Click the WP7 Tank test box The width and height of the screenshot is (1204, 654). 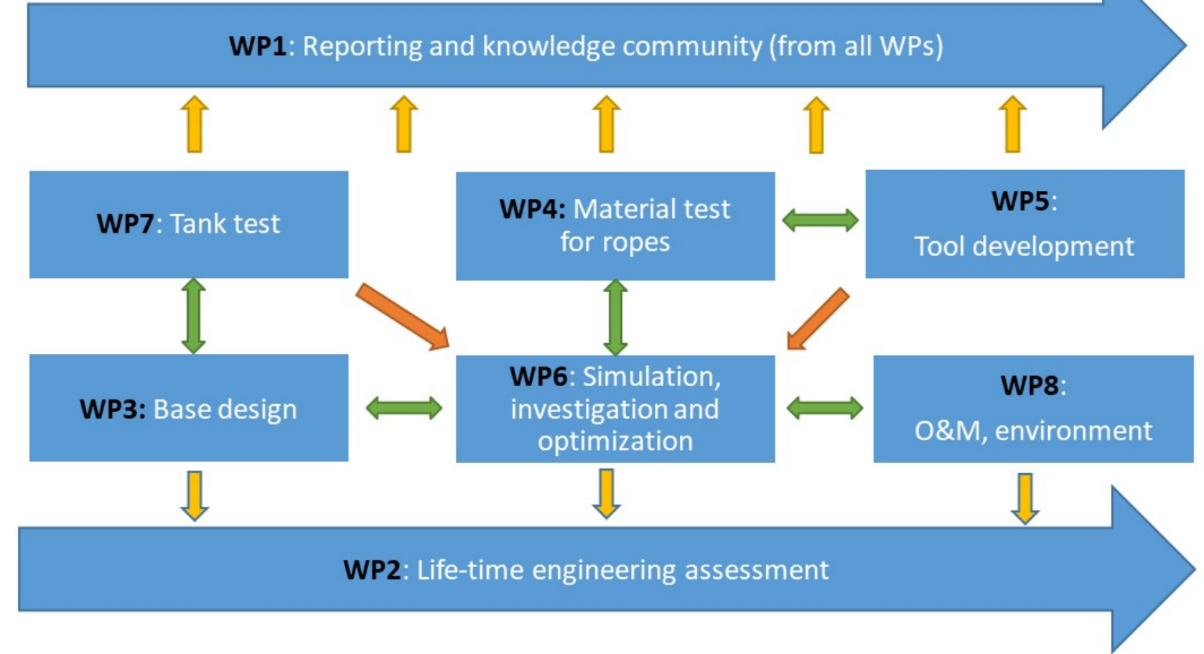[188, 224]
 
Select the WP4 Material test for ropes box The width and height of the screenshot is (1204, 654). [615, 226]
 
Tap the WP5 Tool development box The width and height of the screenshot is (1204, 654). [1024, 224]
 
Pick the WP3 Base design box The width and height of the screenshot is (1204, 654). [188, 408]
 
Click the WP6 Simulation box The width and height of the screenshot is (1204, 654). [615, 409]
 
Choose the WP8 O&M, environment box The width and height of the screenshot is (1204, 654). [1032, 409]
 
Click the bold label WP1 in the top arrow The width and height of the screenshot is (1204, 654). [258, 46]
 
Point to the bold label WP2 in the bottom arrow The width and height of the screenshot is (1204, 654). [372, 569]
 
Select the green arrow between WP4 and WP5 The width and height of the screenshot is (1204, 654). [820, 220]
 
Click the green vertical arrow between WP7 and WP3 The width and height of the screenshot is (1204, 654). [193, 316]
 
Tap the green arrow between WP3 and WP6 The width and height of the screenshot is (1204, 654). [403, 408]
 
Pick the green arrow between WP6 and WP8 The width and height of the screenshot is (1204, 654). [824, 408]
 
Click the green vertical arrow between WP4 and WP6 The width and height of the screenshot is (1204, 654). [615, 317]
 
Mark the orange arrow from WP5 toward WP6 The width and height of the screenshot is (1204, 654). [818, 318]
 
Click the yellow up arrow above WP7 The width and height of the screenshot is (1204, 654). [194, 124]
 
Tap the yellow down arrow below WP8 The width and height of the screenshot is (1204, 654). [1025, 498]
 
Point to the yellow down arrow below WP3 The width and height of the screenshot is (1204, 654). [194, 495]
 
